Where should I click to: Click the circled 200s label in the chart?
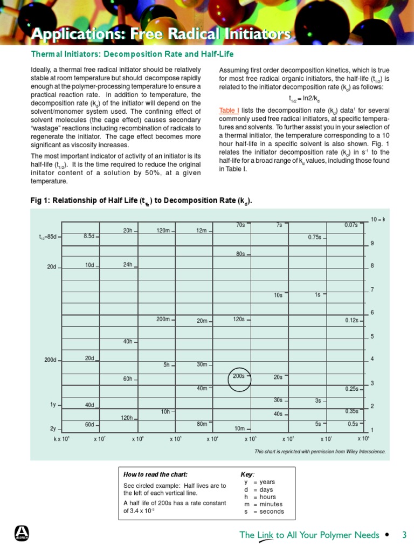pos(239,376)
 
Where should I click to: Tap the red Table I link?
pos(229,110)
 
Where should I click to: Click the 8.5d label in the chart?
pos(89,236)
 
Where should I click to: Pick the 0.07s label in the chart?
pos(350,225)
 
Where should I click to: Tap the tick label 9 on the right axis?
pos(372,244)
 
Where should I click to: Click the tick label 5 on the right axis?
pos(372,337)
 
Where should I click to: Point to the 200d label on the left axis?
pos(50,360)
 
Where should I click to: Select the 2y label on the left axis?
pos(53,429)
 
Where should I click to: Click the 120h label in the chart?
pos(127,418)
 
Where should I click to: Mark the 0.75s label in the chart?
pos(314,237)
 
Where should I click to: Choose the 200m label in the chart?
pos(163,319)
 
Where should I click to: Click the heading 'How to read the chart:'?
pos(155,474)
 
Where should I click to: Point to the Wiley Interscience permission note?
pos(320,451)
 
